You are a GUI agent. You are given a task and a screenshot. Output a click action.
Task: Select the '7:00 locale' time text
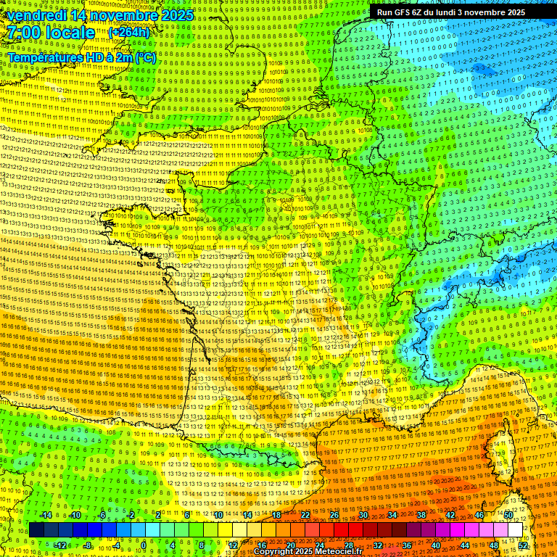[50, 33]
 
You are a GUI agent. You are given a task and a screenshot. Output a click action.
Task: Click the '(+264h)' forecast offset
[129, 33]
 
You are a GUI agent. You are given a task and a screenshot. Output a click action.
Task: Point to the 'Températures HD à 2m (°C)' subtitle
[81, 57]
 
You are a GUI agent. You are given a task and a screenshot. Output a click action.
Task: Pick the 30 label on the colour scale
[363, 515]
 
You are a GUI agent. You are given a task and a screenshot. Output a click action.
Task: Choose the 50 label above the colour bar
[508, 515]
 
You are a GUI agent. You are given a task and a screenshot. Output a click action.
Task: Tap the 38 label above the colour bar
[421, 515]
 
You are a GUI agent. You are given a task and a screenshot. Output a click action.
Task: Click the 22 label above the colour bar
[305, 515]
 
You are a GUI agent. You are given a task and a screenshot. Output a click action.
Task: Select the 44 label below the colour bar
[465, 545]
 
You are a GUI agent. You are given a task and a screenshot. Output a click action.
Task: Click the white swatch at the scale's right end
[516, 530]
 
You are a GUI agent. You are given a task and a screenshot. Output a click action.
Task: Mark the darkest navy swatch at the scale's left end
[36, 530]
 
